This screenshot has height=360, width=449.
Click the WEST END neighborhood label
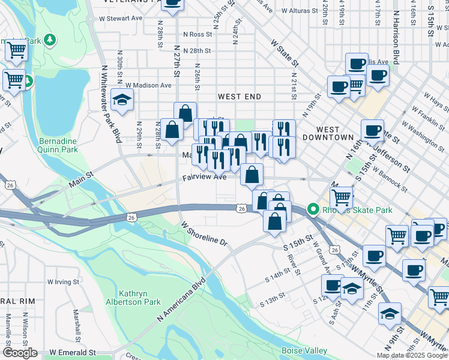239,97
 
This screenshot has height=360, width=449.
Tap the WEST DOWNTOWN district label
335,133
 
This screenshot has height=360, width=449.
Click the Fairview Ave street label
205,177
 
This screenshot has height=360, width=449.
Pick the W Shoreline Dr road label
204,233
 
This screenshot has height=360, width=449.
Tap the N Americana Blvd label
182,298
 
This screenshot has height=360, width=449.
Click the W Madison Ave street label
148,85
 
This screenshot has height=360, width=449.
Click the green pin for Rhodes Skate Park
313,210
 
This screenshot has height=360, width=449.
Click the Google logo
20,353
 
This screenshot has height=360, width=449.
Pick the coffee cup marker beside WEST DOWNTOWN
372,130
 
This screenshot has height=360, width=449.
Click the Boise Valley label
304,350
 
